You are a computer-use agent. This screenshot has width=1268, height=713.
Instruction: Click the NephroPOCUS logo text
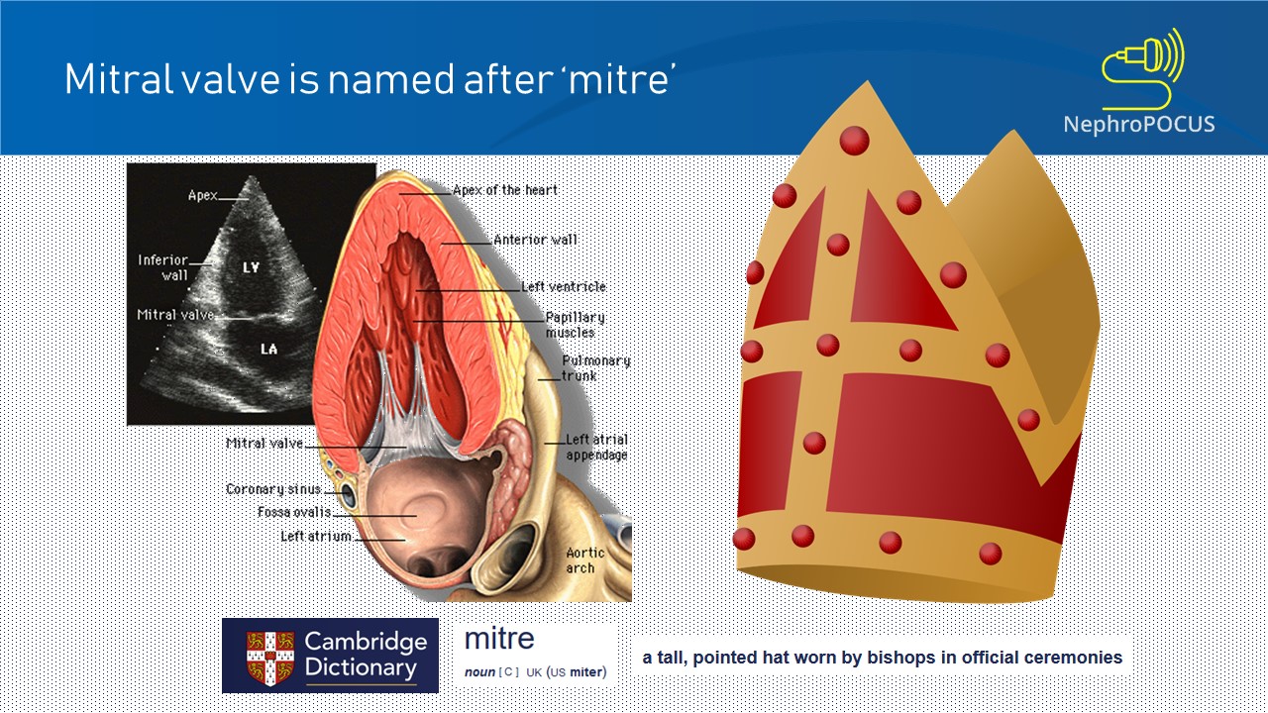[x=1138, y=124]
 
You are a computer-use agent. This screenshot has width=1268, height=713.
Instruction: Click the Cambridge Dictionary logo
[x=330, y=656]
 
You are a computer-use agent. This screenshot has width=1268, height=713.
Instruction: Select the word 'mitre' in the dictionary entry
[x=499, y=639]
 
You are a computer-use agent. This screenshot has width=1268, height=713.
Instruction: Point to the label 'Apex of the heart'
[x=505, y=190]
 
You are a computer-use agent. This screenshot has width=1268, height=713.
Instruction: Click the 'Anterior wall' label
[x=535, y=240]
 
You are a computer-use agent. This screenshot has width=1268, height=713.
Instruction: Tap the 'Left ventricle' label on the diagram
[x=564, y=287]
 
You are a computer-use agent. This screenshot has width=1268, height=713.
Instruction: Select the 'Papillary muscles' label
[x=575, y=325]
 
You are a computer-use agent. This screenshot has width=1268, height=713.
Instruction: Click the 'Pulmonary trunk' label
[x=595, y=368]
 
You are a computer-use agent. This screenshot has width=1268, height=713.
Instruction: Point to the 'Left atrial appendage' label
[x=596, y=448]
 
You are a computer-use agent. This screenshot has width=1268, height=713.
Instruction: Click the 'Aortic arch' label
[x=581, y=560]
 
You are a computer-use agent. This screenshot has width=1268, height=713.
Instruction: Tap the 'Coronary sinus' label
[x=273, y=489]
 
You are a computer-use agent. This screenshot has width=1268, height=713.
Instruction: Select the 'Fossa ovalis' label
[x=294, y=513]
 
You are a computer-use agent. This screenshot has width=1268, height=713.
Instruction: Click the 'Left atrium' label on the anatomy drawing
[x=316, y=537]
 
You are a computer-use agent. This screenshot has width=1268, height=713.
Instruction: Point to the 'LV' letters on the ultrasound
[x=252, y=268]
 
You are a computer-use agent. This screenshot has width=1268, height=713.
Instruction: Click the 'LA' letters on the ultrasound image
[x=267, y=350]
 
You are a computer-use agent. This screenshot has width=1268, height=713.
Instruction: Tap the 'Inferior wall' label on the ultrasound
[x=162, y=267]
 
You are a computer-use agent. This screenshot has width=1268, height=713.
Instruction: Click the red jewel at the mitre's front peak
[x=854, y=141]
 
